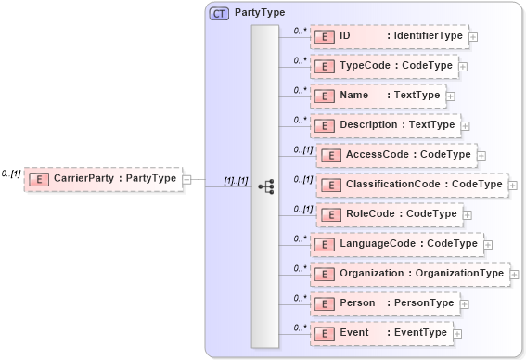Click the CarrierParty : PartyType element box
click(x=101, y=179)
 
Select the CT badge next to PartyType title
click(x=219, y=14)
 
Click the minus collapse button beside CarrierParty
click(x=186, y=179)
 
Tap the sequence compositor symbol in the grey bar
click(x=265, y=186)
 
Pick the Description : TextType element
click(x=384, y=125)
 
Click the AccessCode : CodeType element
click(x=396, y=155)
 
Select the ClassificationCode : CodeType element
click(x=412, y=185)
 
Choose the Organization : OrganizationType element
click(x=408, y=274)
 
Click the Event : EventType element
click(x=380, y=333)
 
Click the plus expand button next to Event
click(x=457, y=334)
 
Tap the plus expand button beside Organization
click(x=514, y=275)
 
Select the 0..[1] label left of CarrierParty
click(x=11, y=174)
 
